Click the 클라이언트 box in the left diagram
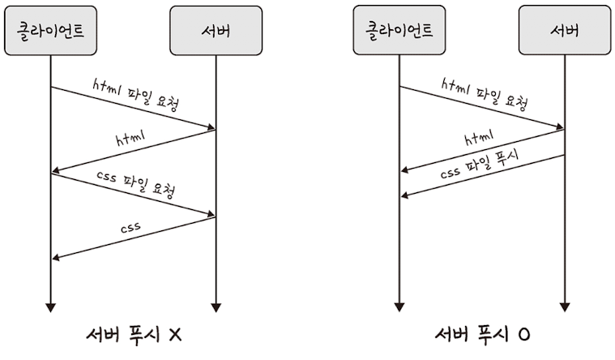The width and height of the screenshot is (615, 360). [50, 32]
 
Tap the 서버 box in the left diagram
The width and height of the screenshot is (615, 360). [216, 32]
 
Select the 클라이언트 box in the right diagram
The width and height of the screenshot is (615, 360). [399, 32]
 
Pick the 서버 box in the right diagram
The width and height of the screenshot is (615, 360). [564, 32]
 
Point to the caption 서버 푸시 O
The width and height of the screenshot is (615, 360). [481, 335]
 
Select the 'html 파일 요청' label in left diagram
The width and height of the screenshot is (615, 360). [136, 96]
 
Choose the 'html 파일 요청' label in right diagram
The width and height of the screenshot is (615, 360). [485, 93]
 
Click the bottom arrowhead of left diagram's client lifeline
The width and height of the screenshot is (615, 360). [50, 307]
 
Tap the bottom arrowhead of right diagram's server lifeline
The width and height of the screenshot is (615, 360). [564, 307]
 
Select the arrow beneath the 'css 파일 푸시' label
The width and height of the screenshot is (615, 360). [483, 176]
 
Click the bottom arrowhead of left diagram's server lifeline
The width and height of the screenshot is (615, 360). [216, 307]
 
